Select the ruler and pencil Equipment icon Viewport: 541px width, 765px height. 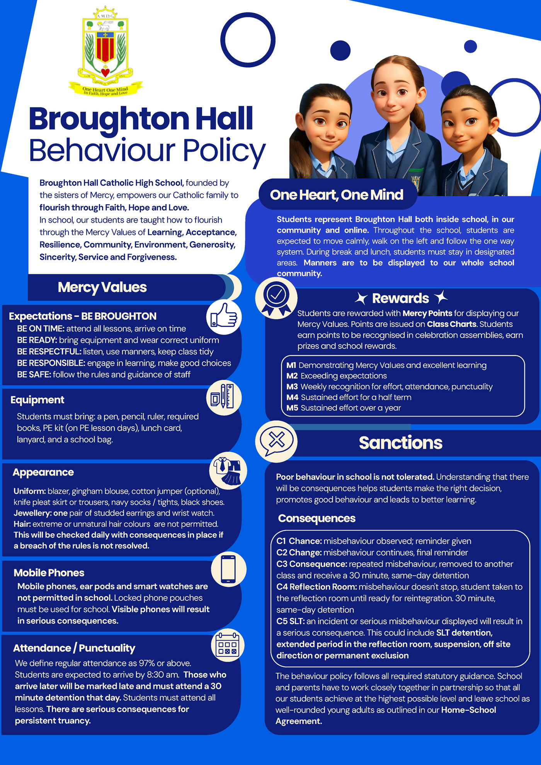[223, 397]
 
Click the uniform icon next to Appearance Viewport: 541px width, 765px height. [228, 471]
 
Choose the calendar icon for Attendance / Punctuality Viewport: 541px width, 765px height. [228, 645]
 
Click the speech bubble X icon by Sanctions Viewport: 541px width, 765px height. [276, 440]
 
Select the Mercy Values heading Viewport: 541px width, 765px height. [102, 287]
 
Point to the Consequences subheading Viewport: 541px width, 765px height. [316, 518]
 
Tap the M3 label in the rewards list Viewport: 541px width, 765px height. [292, 387]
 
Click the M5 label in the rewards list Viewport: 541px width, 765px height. [292, 408]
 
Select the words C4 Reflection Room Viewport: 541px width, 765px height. [316, 587]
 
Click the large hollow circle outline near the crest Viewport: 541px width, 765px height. [248, 40]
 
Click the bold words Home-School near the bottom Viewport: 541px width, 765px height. [468, 710]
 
